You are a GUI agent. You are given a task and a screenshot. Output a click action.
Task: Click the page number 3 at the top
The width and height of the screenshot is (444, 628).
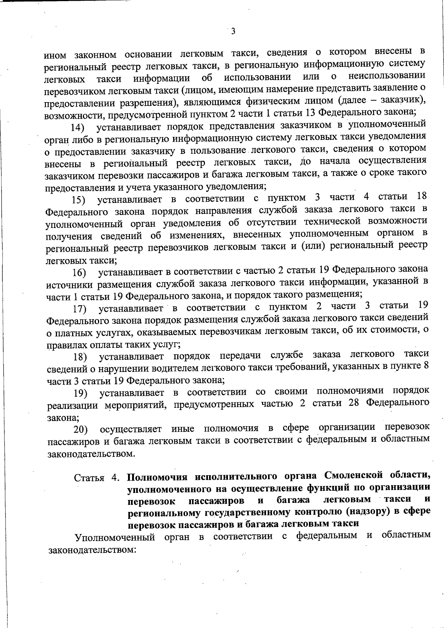pos(233,31)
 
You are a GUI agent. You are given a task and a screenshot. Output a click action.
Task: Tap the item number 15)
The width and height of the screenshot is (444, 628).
pos(78,201)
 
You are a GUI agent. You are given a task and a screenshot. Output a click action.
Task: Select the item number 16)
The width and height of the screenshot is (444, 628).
pos(79,273)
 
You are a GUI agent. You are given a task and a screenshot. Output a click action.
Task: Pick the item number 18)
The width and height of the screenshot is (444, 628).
pos(80,357)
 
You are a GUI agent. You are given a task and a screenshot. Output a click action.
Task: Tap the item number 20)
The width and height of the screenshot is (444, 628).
pos(80,430)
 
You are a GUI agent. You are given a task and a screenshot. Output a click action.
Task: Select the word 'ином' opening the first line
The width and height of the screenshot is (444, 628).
pos(55,56)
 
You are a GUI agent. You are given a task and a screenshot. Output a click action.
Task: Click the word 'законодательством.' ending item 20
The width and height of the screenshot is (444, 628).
pos(91,454)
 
